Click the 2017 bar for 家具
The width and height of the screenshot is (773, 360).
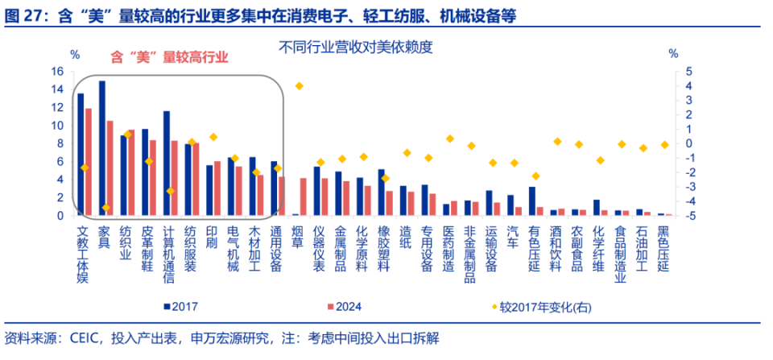pos(101,148)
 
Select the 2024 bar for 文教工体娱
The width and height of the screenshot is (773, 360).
pos(89,162)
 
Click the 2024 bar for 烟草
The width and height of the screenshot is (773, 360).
pos(303,197)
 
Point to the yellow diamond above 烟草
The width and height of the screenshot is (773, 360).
pos(299,86)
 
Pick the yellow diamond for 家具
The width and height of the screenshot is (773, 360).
pos(105,208)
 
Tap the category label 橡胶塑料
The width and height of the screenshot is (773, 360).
pos(382,246)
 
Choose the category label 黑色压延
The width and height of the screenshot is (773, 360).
pos(663,246)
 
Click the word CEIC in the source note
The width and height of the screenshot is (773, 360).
pos(85,337)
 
